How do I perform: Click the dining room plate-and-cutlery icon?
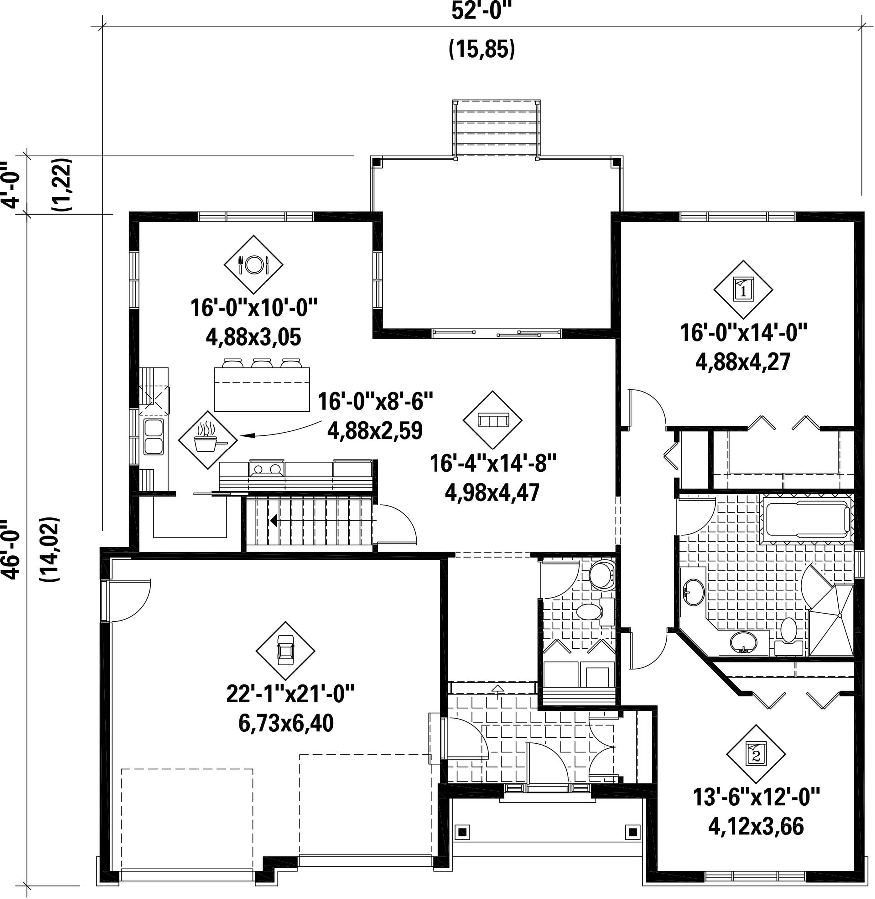point(253,264)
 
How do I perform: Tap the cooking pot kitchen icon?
point(208,440)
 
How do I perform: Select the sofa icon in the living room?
point(493,420)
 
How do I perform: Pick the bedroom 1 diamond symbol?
point(743,289)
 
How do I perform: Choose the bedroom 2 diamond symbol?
point(756,754)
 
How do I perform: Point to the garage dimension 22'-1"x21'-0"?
point(290,694)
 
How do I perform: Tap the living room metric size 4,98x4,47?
point(492,493)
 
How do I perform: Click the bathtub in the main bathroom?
point(807,519)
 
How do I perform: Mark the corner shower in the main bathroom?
point(830,620)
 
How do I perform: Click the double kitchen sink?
point(154,437)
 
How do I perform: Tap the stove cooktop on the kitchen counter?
point(267,469)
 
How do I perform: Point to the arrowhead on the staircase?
point(274,521)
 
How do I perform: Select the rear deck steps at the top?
point(496,129)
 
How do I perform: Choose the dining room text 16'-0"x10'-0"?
point(254,308)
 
